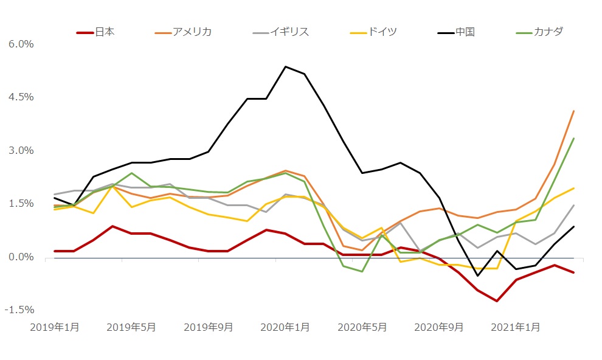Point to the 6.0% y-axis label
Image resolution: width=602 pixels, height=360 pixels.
pos(21,44)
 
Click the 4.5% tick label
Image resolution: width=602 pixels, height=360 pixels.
pos(21,97)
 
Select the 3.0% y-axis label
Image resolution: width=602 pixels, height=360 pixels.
pos(21,151)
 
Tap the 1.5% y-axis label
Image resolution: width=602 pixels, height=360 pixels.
pos(21,204)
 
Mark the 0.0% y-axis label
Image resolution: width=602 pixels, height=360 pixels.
pos(21,257)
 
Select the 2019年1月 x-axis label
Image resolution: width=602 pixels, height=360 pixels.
pos(55,327)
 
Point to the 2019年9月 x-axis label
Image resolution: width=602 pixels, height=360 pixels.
pos(209,327)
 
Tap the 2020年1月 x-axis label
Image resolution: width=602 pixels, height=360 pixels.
pos(285,327)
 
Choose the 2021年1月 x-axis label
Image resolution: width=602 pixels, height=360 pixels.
pos(516,327)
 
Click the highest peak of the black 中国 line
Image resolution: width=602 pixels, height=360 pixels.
pos(285,66)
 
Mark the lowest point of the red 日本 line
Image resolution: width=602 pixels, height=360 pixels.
pos(497,301)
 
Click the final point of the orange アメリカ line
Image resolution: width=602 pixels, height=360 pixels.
pos(574,111)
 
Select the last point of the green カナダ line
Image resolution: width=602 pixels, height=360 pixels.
pos(574,138)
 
